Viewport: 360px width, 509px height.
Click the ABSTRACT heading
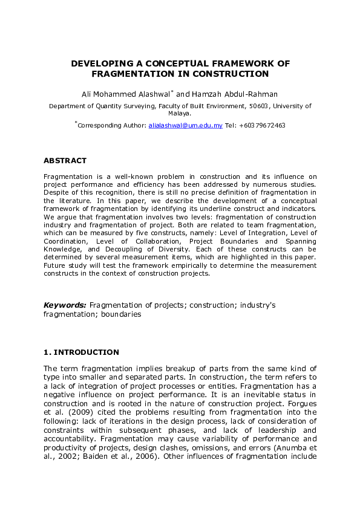coord(65,161)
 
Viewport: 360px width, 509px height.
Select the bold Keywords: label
coord(65,305)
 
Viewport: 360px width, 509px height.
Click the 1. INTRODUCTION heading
coord(81,352)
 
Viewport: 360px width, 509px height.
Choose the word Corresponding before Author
coord(99,125)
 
